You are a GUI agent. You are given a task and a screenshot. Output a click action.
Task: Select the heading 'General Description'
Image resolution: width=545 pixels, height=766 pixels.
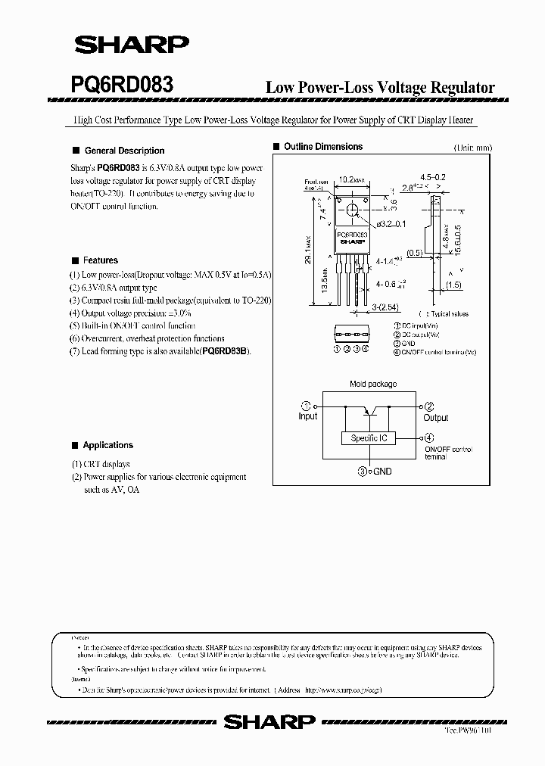(124, 151)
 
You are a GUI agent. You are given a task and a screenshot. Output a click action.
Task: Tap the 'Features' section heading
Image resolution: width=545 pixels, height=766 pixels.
(101, 260)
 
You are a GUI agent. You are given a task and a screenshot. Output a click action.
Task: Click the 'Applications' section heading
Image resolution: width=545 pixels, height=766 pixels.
(107, 445)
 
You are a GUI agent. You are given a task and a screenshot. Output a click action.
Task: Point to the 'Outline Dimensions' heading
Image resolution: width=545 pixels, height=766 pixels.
(322, 147)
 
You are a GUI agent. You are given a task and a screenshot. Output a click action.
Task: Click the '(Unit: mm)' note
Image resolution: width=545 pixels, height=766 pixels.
(472, 148)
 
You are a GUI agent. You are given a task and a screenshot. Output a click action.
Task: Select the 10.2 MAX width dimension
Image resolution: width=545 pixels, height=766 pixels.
(351, 180)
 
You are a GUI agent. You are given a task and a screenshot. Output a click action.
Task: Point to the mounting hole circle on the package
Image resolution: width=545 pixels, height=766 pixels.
(352, 210)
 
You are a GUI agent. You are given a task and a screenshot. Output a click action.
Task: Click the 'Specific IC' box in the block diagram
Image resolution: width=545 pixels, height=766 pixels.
(369, 438)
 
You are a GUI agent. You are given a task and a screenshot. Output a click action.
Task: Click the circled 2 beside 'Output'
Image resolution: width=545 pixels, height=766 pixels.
(428, 406)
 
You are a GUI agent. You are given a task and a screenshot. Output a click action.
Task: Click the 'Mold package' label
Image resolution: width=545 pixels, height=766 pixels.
(372, 385)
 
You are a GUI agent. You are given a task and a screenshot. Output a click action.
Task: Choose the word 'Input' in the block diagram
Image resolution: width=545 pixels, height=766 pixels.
(308, 416)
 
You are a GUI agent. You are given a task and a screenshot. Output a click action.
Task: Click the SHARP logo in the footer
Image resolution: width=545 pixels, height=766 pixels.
(269, 722)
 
